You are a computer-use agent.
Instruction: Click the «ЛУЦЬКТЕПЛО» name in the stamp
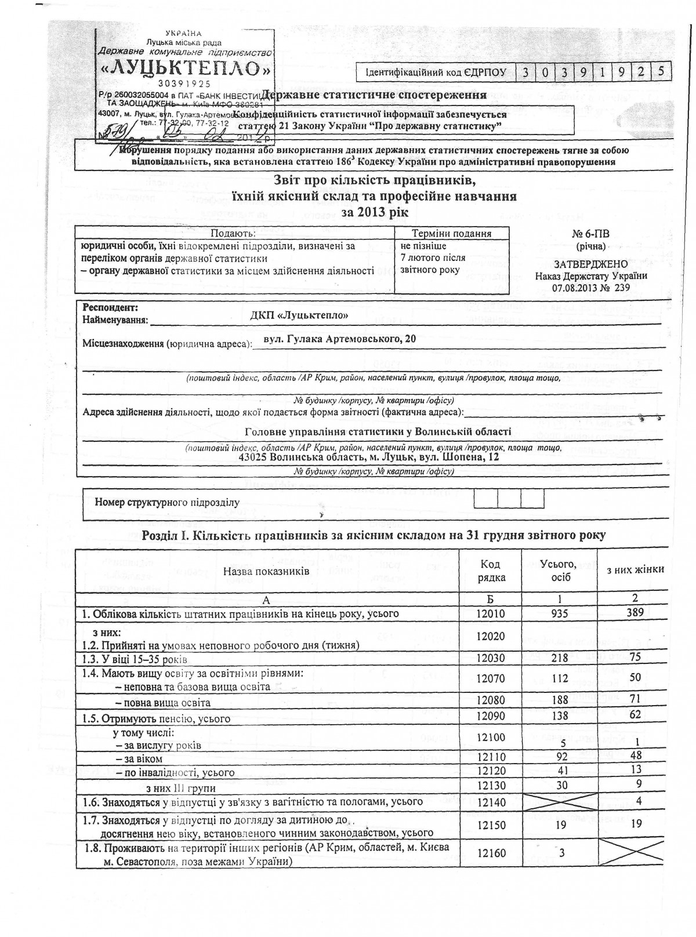(x=186, y=69)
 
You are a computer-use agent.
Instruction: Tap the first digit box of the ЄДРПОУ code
(x=525, y=72)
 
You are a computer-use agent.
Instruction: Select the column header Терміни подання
(x=451, y=233)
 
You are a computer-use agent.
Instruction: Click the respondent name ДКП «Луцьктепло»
(x=299, y=315)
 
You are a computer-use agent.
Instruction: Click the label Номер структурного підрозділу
(x=167, y=502)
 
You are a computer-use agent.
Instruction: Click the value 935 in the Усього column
(x=560, y=613)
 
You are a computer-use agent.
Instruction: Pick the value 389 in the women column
(x=635, y=612)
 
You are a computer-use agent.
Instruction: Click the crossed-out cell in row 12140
(x=560, y=802)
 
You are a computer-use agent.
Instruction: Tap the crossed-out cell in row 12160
(x=635, y=852)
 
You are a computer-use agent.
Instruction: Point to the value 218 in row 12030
(x=560, y=658)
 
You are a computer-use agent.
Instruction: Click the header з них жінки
(x=635, y=569)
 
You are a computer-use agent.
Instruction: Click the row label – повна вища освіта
(x=163, y=703)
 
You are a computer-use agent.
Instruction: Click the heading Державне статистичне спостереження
(x=374, y=95)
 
